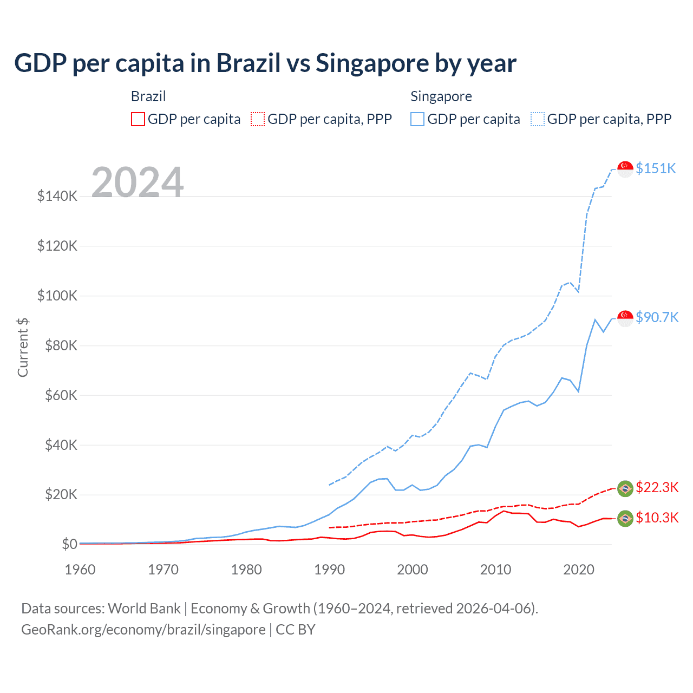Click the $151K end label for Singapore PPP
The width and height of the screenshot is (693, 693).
656,168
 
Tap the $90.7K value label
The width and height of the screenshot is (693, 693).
657,317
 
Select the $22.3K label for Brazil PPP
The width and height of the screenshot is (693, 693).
657,487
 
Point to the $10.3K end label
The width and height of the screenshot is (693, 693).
657,518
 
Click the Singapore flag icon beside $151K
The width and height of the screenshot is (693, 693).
625,169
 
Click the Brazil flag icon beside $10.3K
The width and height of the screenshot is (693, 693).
625,518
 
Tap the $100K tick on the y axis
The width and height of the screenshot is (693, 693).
57,296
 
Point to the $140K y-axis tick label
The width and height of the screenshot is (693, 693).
57,196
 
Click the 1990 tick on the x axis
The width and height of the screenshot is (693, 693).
329,570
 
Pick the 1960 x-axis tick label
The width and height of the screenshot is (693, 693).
80,570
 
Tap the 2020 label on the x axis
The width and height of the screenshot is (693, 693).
578,570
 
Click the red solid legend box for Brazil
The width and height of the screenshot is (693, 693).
138,119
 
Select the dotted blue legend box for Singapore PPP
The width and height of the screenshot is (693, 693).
538,119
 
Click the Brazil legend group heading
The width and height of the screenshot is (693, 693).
148,96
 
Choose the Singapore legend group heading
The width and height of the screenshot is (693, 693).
441,96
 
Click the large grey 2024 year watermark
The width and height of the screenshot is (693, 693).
138,182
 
